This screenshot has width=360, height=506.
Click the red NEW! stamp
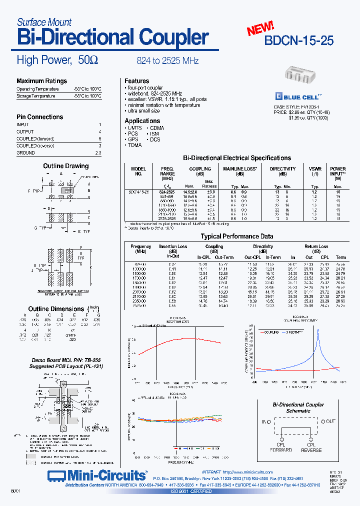[260, 28]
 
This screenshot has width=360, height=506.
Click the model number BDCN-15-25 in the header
[299, 40]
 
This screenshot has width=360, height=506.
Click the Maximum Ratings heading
[41, 81]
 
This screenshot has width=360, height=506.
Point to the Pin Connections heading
[40, 117]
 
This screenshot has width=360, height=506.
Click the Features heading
[137, 81]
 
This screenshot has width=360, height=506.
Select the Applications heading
[142, 121]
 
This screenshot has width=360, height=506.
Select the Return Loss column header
[316, 246]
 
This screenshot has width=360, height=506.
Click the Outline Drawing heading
[65, 166]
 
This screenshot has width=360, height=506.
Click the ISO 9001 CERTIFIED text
[191, 491]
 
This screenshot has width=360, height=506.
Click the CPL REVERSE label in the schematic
[311, 447]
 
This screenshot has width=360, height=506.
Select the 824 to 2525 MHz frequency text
[167, 61]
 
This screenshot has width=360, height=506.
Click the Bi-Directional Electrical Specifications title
[237, 158]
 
